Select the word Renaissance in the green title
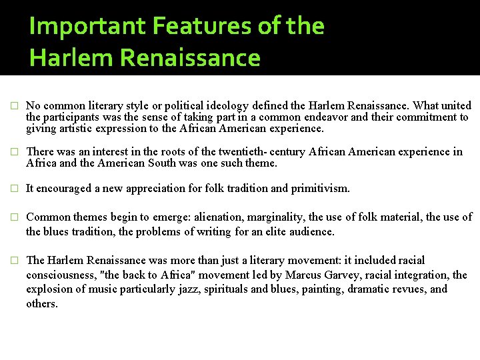click(x=191, y=58)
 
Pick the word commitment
click(x=425, y=117)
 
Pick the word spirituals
click(x=239, y=289)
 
